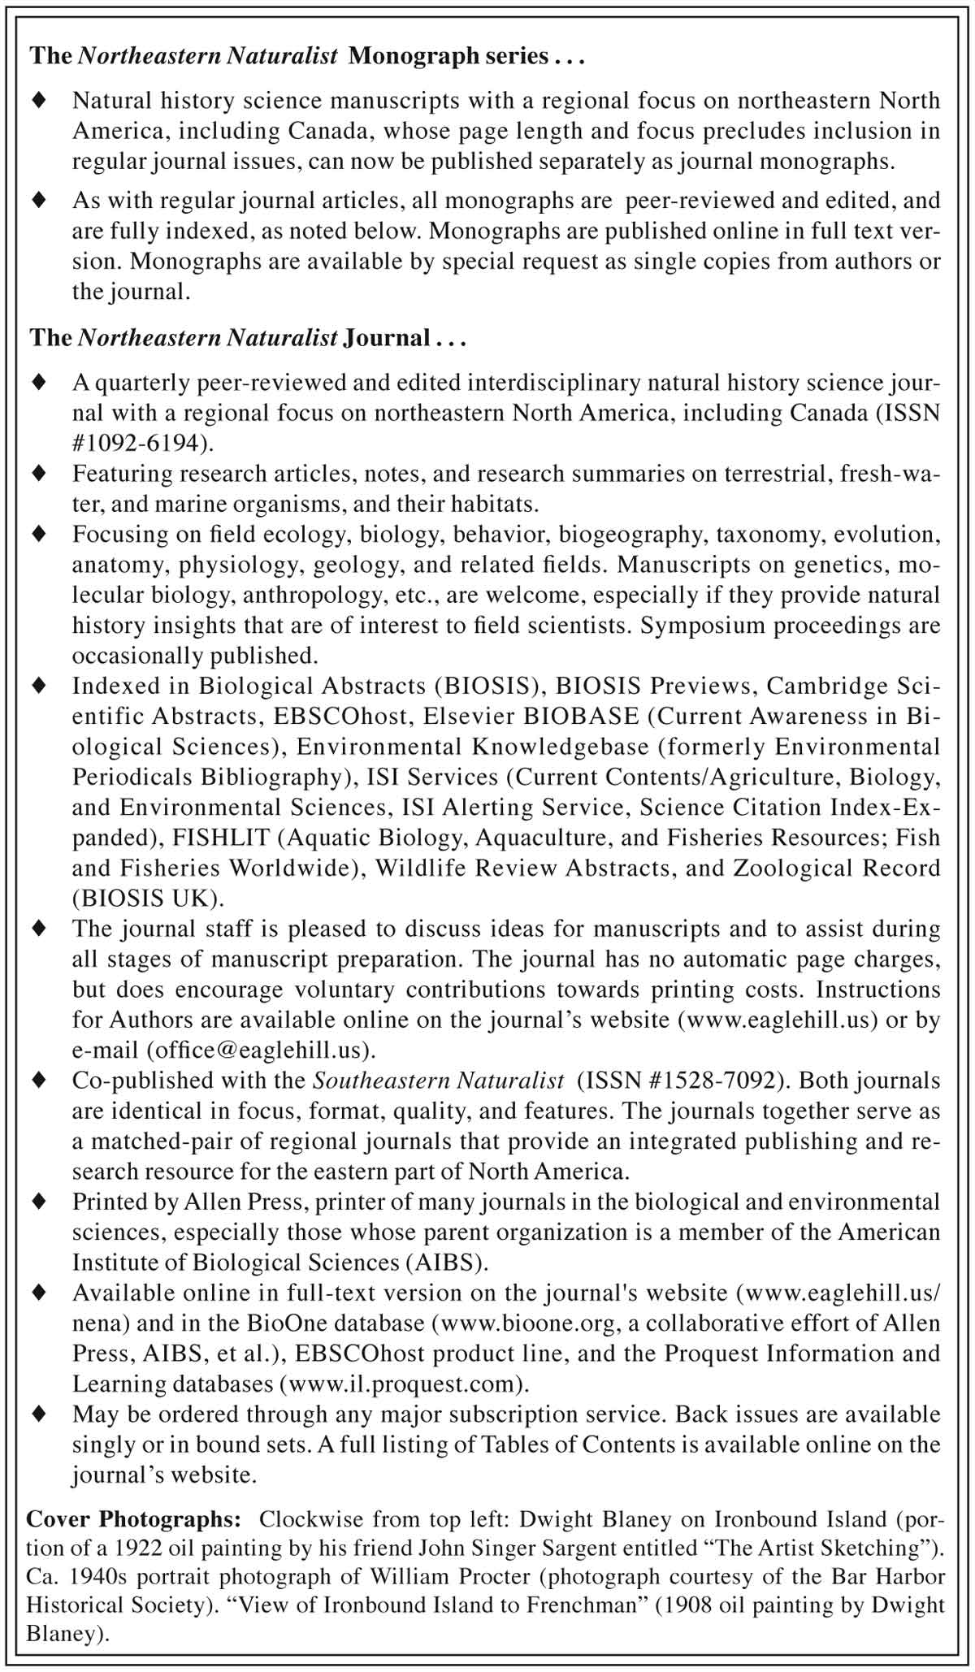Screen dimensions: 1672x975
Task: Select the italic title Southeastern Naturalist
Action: click(439, 1081)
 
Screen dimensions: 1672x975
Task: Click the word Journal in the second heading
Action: click(387, 337)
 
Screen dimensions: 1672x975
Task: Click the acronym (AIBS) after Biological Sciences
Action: click(447, 1263)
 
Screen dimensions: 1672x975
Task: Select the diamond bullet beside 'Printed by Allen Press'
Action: click(38, 1201)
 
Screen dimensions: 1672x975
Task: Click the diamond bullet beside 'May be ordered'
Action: click(38, 1414)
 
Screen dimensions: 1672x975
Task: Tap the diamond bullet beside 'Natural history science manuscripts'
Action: click(38, 101)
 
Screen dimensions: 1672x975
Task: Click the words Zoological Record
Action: click(836, 868)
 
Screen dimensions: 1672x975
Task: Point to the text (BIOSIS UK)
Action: click(147, 899)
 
